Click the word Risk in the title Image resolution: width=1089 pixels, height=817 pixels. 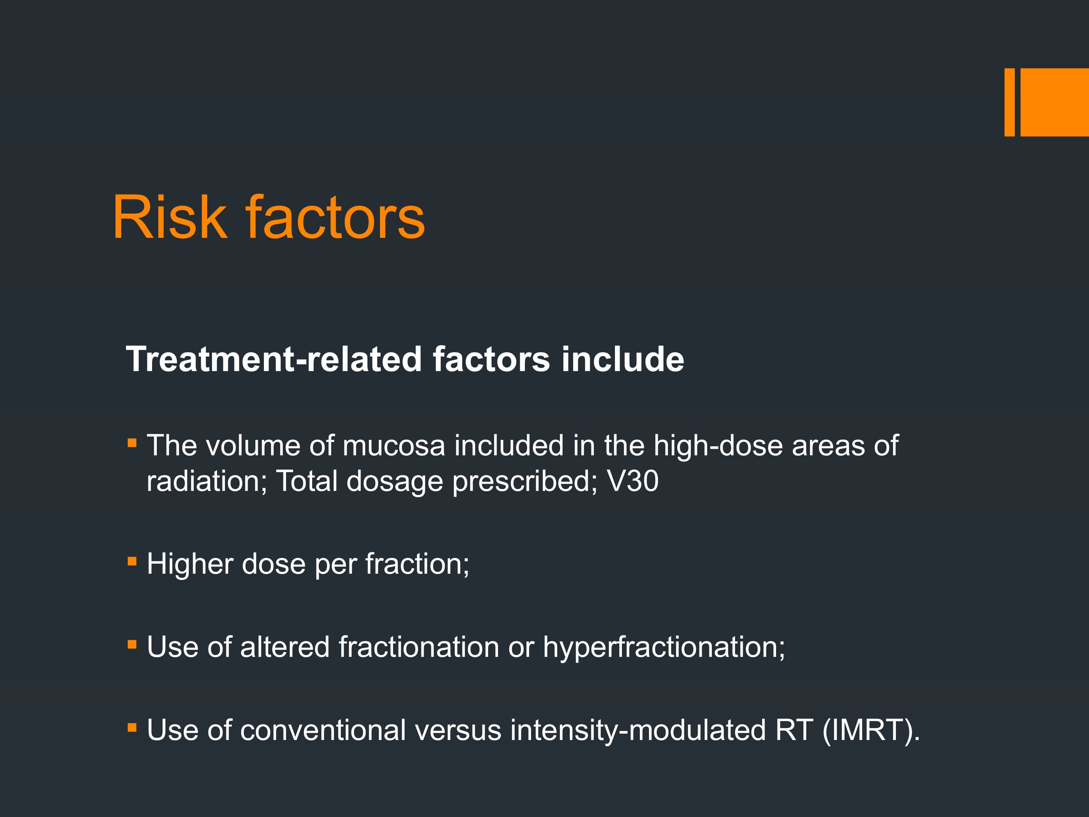click(x=170, y=217)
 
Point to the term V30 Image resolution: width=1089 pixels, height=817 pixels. click(x=633, y=481)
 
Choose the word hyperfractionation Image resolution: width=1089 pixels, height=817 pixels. click(x=664, y=647)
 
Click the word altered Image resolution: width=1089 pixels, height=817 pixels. click(x=285, y=647)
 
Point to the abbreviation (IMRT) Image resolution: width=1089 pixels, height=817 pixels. click(x=870, y=730)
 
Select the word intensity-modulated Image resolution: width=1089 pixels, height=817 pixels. click(x=638, y=730)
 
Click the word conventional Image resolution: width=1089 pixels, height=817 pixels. click(x=323, y=730)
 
